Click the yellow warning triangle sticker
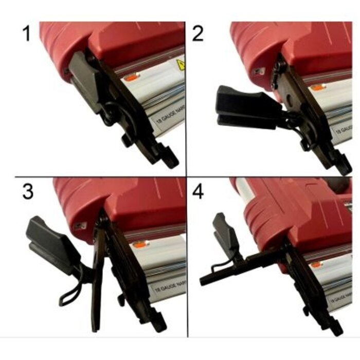tap(181, 65)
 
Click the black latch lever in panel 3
tap(52, 242)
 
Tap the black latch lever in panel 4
tap(223, 234)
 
